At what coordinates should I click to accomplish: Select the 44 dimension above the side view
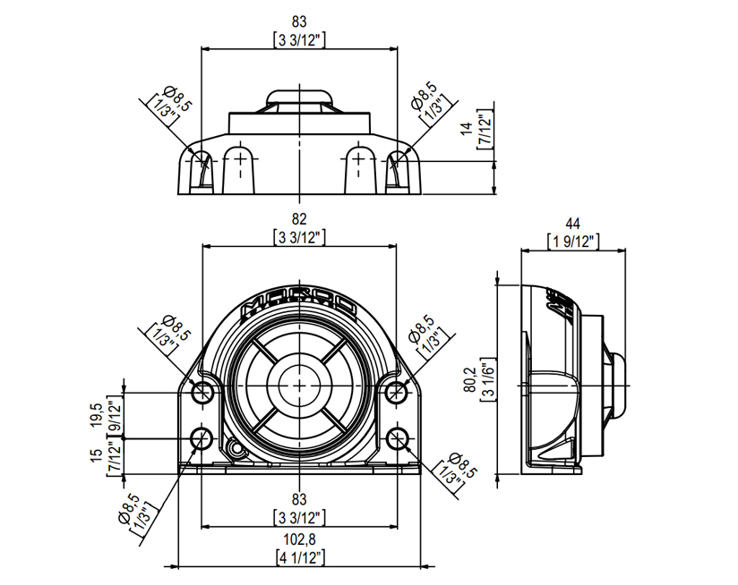point(572,224)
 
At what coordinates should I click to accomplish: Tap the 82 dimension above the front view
point(299,218)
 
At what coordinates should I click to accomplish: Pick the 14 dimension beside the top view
point(468,131)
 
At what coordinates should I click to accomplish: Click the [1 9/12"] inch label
point(572,241)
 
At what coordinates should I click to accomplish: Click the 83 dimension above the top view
point(299,20)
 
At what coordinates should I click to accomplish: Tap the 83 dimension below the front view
point(299,498)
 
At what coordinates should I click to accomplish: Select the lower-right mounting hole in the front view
point(397,438)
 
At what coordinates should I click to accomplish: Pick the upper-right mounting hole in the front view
point(397,391)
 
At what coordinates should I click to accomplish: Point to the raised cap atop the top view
point(299,97)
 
